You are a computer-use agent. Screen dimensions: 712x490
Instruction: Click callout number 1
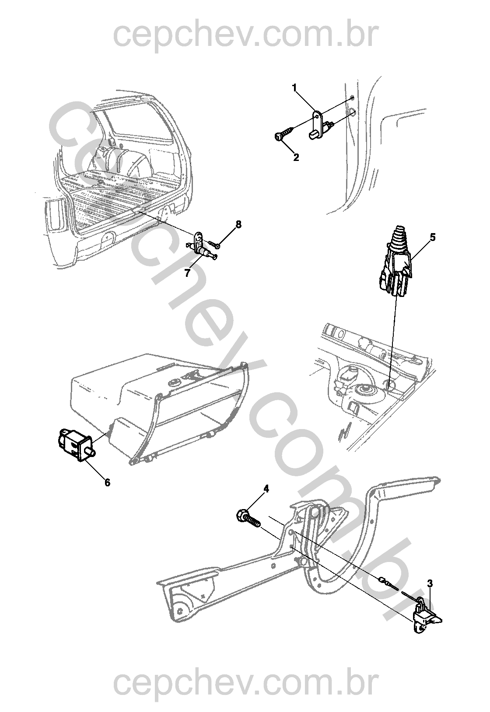click(x=295, y=88)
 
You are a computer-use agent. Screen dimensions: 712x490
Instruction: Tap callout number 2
click(x=296, y=157)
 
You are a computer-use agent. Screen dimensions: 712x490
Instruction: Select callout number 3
click(x=430, y=583)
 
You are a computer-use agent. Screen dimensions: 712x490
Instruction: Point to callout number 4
click(x=266, y=489)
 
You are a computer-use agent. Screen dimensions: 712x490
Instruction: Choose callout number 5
click(x=433, y=237)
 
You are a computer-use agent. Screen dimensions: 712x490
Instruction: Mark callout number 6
click(x=107, y=482)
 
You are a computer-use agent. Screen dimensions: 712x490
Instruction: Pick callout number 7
click(x=187, y=273)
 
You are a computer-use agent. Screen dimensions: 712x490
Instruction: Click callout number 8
click(x=238, y=224)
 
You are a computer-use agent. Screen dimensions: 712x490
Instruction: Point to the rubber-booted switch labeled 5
click(x=396, y=262)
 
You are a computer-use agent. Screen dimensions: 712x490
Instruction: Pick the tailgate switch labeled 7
click(x=203, y=249)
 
